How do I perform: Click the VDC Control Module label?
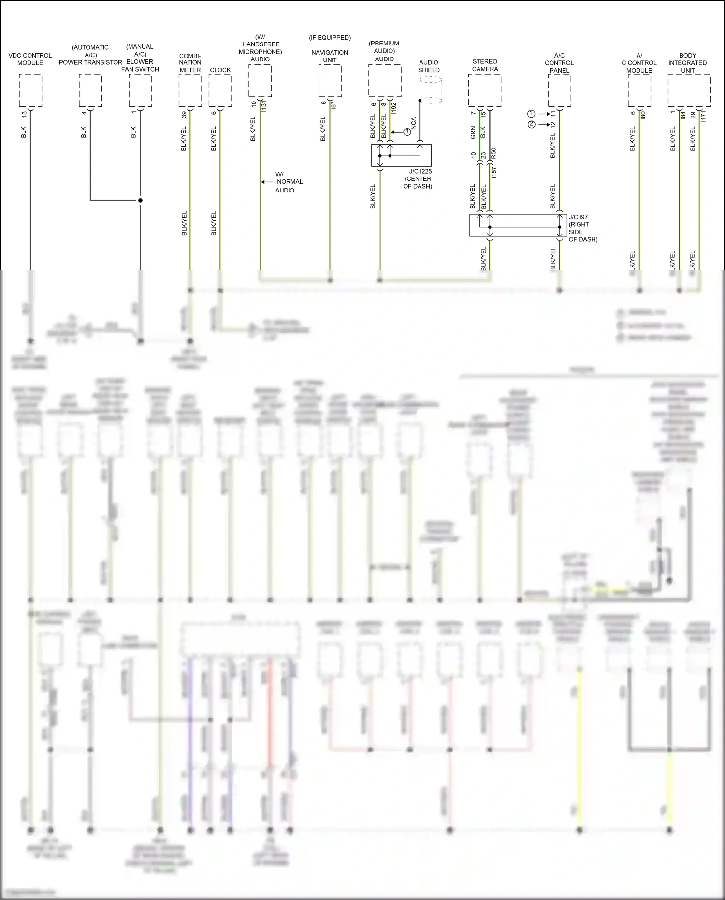[30, 59]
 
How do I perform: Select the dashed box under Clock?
[220, 90]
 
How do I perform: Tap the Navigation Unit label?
[330, 56]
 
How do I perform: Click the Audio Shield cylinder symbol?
[430, 90]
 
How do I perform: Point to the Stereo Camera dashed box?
[484, 90]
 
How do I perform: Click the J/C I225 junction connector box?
[401, 155]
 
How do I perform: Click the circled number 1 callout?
[531, 114]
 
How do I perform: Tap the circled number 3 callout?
[407, 132]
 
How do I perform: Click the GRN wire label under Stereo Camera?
[473, 133]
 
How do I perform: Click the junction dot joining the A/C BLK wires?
[140, 200]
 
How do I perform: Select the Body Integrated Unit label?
[687, 63]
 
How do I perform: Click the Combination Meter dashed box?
[190, 90]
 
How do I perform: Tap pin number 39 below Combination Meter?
[184, 115]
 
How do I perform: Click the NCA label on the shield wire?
[414, 123]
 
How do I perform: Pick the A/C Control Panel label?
[559, 63]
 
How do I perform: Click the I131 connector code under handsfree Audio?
[263, 106]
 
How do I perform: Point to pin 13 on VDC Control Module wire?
[24, 114]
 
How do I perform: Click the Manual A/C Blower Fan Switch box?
[140, 90]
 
